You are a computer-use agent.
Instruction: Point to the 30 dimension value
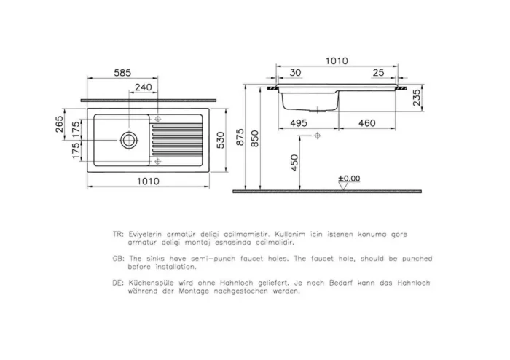pyautogui.click(x=294, y=72)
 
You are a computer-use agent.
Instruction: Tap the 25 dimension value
pyautogui.click(x=378, y=72)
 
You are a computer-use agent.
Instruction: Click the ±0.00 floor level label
pyautogui.click(x=349, y=178)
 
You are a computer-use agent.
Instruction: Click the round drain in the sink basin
pyautogui.click(x=129, y=139)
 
